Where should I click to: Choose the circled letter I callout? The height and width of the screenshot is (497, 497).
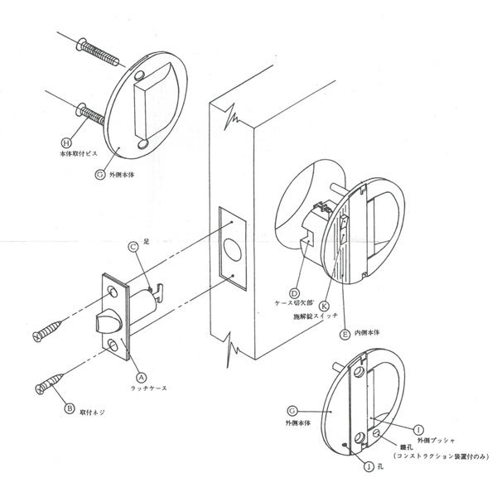click(418, 429)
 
